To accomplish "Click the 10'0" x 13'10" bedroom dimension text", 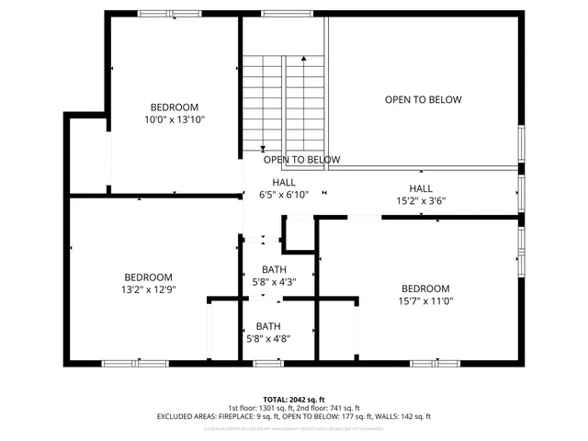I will (x=174, y=119).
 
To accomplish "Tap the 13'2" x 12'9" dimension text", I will (x=149, y=289).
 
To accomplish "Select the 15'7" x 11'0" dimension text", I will (x=425, y=300).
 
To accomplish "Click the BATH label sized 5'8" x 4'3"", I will (x=273, y=269).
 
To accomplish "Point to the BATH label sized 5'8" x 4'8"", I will (x=268, y=326).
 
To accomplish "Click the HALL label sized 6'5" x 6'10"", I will (x=283, y=182).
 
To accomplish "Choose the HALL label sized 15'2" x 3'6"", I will (x=421, y=187).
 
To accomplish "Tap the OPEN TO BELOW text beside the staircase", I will (x=301, y=160).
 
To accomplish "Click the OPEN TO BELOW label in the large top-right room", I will (x=423, y=100).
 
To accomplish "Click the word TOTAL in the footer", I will (x=276, y=400).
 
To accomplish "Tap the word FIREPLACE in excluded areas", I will (x=221, y=416).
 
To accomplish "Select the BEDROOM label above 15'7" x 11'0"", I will (x=425, y=288).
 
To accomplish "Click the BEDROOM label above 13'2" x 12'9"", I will (x=149, y=277).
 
